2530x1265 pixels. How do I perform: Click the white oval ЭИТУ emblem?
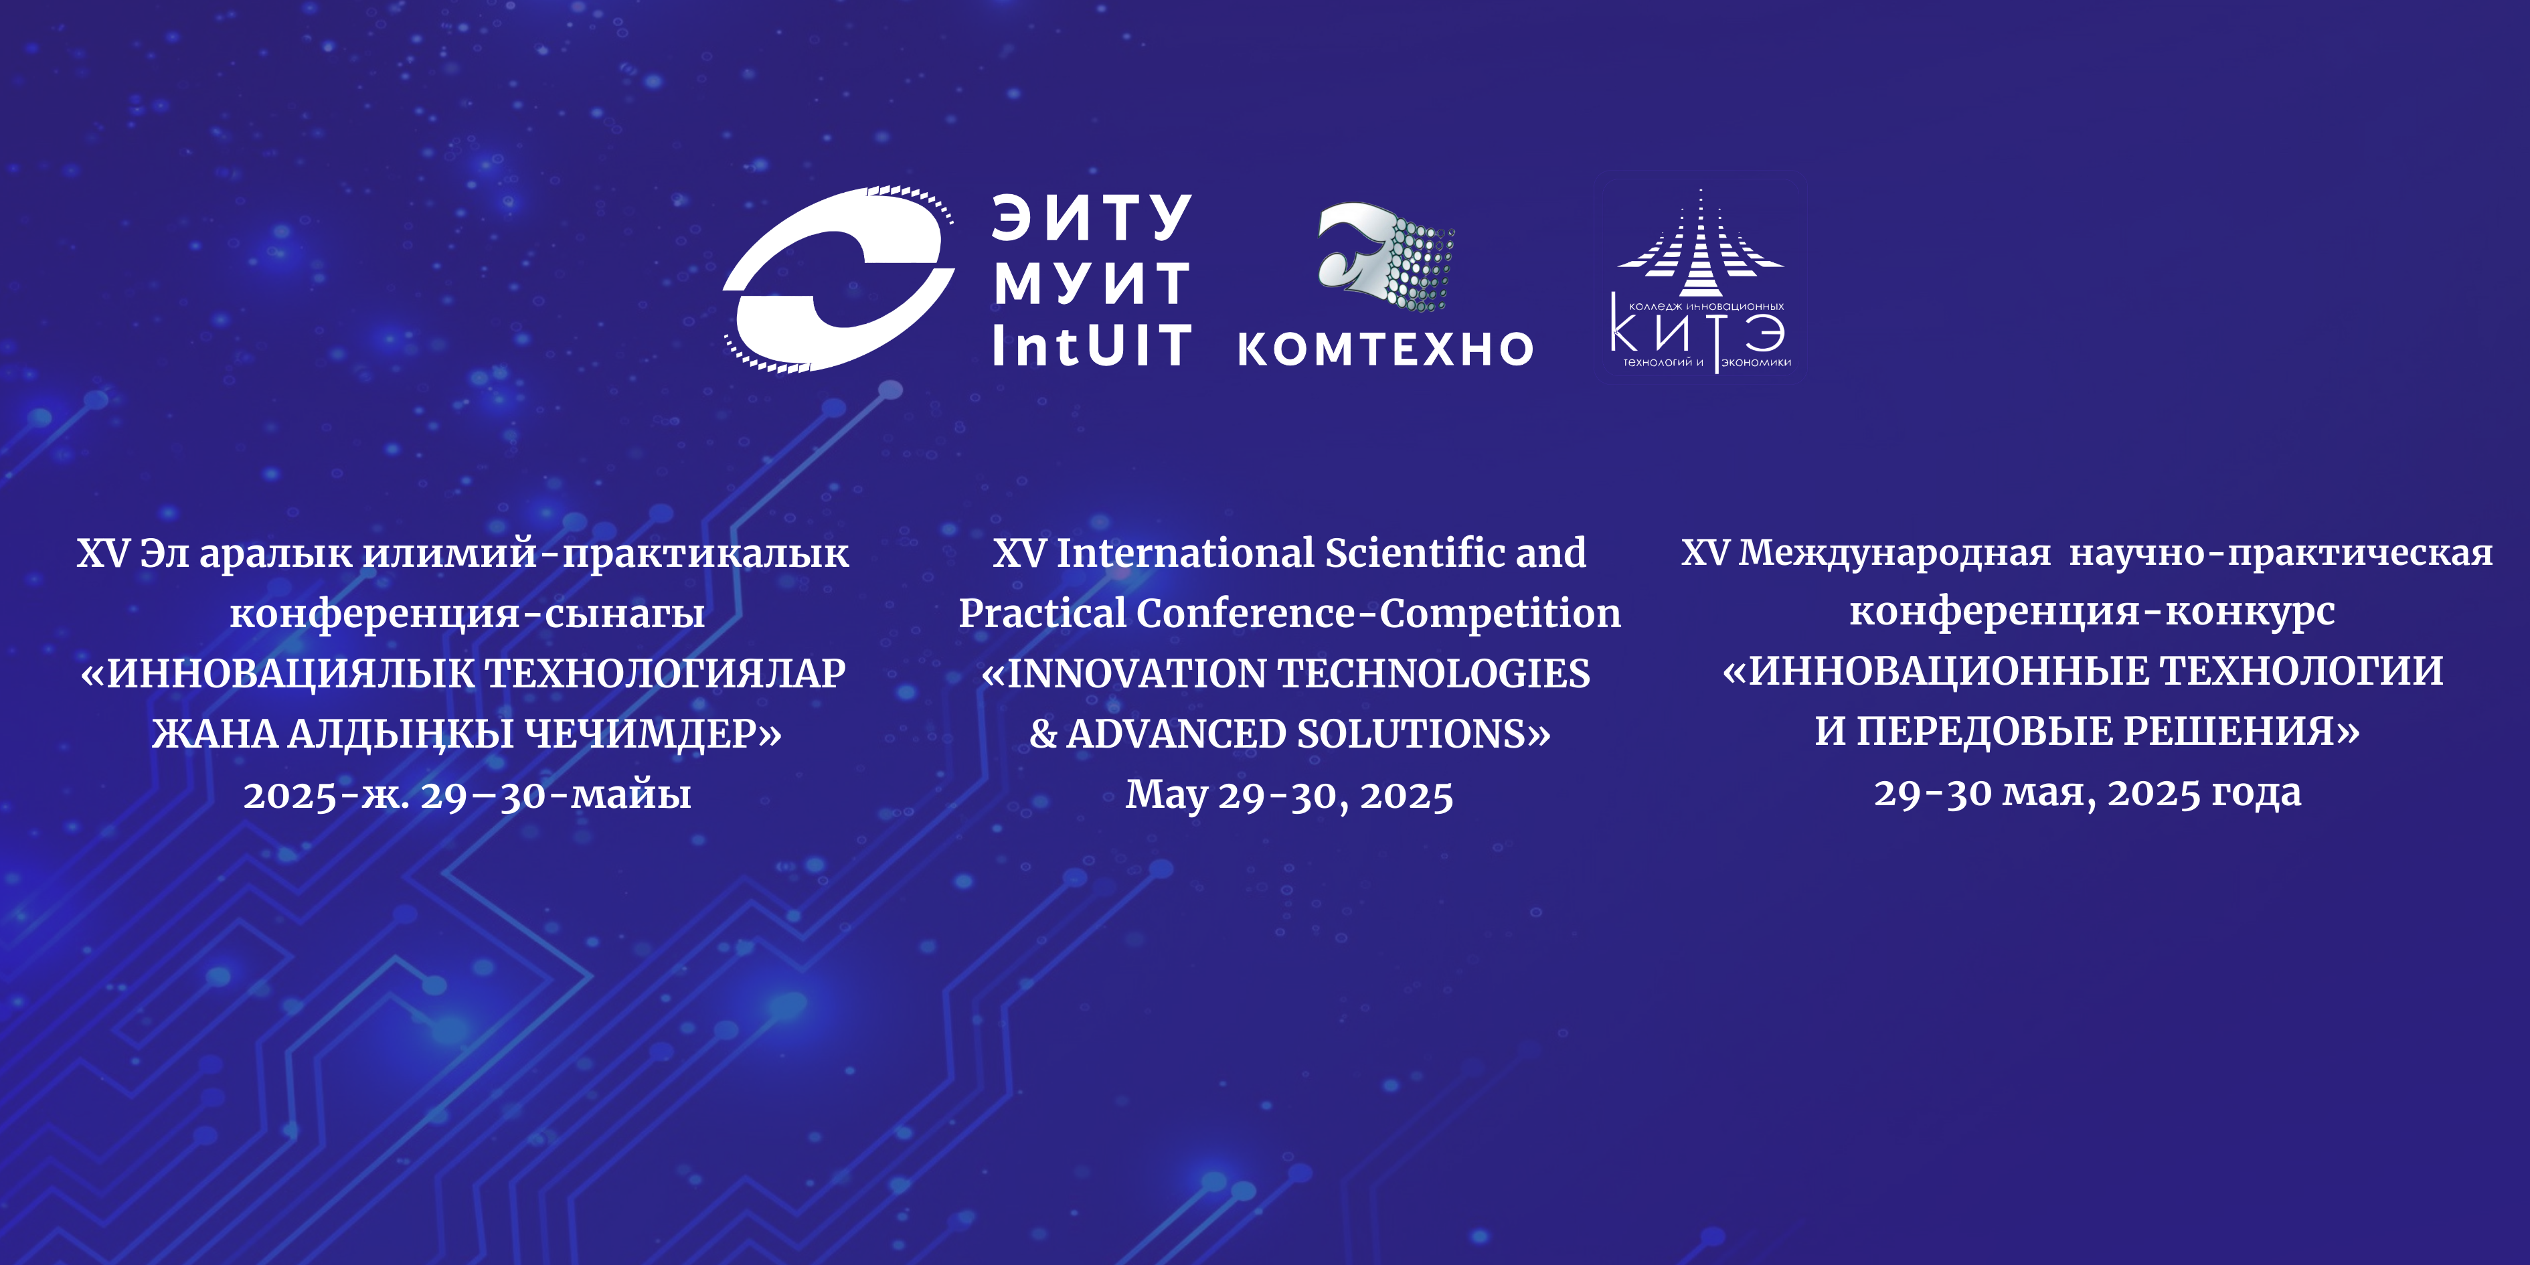tap(840, 279)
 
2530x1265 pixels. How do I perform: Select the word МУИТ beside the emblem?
tap(1092, 283)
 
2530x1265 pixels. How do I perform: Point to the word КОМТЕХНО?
tap(1385, 349)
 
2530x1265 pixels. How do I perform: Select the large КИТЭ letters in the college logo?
tap(1698, 332)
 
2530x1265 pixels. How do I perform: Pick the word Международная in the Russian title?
tap(1895, 553)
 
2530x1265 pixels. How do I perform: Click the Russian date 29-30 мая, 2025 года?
tap(2087, 792)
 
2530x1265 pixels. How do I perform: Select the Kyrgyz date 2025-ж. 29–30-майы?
tap(467, 794)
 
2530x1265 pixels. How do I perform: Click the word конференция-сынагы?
tap(467, 614)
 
